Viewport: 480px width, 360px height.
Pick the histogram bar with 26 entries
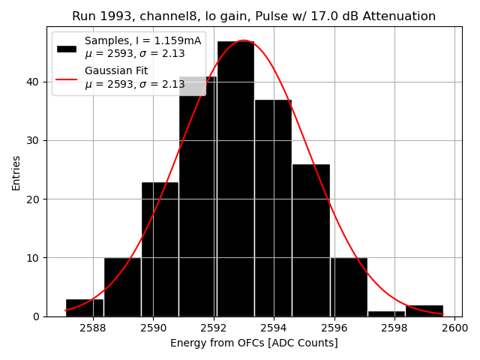click(x=310, y=240)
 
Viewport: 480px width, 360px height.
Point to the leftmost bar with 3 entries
click(x=85, y=307)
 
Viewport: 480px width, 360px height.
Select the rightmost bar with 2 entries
click(x=424, y=310)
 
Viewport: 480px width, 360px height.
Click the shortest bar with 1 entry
click(x=386, y=313)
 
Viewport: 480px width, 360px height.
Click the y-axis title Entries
click(x=16, y=172)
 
